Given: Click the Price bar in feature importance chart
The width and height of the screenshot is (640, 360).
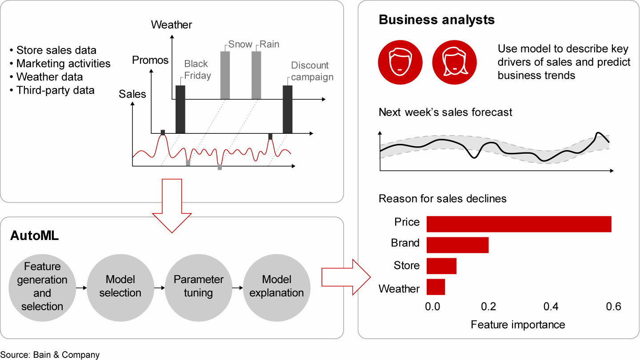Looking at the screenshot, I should tap(519, 224).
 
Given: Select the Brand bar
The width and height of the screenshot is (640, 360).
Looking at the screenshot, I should tap(457, 245).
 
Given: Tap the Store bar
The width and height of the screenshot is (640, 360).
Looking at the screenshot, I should tap(441, 266).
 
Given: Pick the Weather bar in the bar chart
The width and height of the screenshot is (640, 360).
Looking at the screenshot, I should tap(436, 287).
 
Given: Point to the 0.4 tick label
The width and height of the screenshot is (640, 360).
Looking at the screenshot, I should tap(551, 307).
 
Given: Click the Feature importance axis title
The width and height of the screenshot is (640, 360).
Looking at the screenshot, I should tap(518, 324).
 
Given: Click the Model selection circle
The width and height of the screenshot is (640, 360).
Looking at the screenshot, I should tap(120, 286).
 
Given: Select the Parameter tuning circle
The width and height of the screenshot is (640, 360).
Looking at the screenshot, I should tap(198, 286).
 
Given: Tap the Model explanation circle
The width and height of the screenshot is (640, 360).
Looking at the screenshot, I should tap(276, 286).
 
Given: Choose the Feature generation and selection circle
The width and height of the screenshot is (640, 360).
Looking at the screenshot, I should tap(42, 286).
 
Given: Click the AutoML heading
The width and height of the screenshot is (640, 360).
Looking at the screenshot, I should tap(35, 236).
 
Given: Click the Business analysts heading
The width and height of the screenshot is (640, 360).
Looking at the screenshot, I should tap(436, 20).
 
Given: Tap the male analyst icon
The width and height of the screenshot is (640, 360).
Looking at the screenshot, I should tap(400, 63).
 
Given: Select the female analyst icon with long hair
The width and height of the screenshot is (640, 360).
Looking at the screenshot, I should tap(454, 63).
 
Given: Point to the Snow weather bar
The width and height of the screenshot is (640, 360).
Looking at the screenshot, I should tap(225, 75).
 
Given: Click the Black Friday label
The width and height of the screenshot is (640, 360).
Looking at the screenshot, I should tap(197, 70).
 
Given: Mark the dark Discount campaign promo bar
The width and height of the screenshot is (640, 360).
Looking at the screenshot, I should tap(288, 109).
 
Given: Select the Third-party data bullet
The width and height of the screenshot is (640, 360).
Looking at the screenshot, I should tap(55, 90).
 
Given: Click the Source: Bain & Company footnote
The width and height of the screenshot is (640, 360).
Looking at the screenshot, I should tap(50, 355).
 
